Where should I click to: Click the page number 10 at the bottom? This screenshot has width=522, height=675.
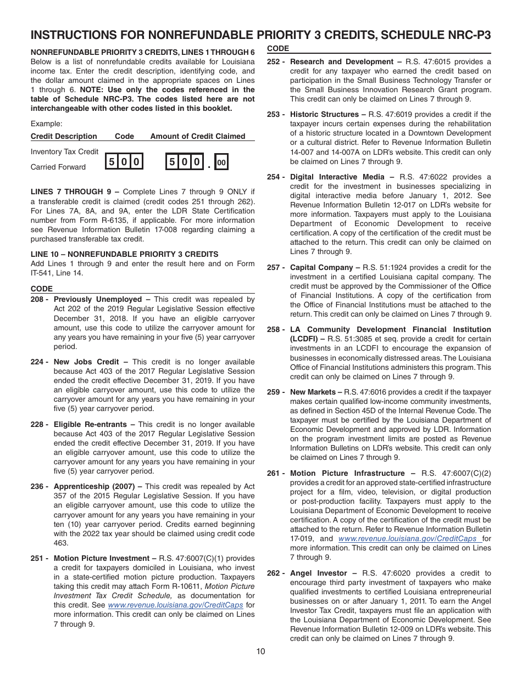pyautogui.click(x=260, y=651)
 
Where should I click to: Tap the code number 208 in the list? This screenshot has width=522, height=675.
pyautogui.click(x=38, y=300)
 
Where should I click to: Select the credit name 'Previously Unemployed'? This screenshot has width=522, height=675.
pyautogui.click(x=98, y=300)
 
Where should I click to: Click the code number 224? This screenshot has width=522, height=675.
pyautogui.click(x=38, y=362)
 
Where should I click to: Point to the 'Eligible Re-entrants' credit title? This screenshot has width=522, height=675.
pyautogui.click(x=90, y=425)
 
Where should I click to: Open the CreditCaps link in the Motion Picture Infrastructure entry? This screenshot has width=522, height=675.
pyautogui.click(x=408, y=539)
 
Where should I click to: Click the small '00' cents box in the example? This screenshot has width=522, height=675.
pyautogui.click(x=221, y=162)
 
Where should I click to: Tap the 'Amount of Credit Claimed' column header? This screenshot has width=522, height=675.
pyautogui.click(x=198, y=137)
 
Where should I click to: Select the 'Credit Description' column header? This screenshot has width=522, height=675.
pyautogui.click(x=64, y=137)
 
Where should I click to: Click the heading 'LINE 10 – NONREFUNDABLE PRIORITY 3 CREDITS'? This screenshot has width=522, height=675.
pyautogui.click(x=125, y=254)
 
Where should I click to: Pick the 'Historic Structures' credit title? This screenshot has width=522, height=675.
pyautogui.click(x=324, y=115)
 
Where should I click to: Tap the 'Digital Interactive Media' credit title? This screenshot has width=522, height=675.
pyautogui.click(x=337, y=177)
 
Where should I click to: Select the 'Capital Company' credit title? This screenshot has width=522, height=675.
pyautogui.click(x=322, y=268)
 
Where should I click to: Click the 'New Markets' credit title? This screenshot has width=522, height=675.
pyautogui.click(x=313, y=392)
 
